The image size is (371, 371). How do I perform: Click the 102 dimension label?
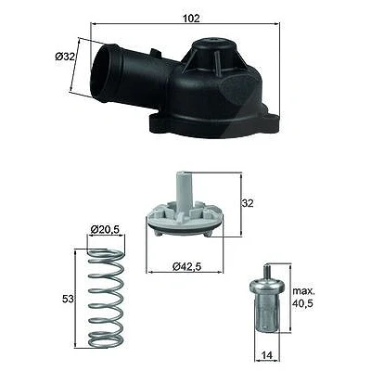point(191,19)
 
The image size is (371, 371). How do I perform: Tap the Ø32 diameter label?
point(65,57)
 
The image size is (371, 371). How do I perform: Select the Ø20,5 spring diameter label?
point(105,229)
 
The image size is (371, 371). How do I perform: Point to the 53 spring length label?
point(68,299)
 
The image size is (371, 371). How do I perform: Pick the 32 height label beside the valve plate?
point(248,203)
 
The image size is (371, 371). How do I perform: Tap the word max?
point(303,291)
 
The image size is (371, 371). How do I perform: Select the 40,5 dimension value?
point(303,303)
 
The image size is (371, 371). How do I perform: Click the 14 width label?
point(267,356)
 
